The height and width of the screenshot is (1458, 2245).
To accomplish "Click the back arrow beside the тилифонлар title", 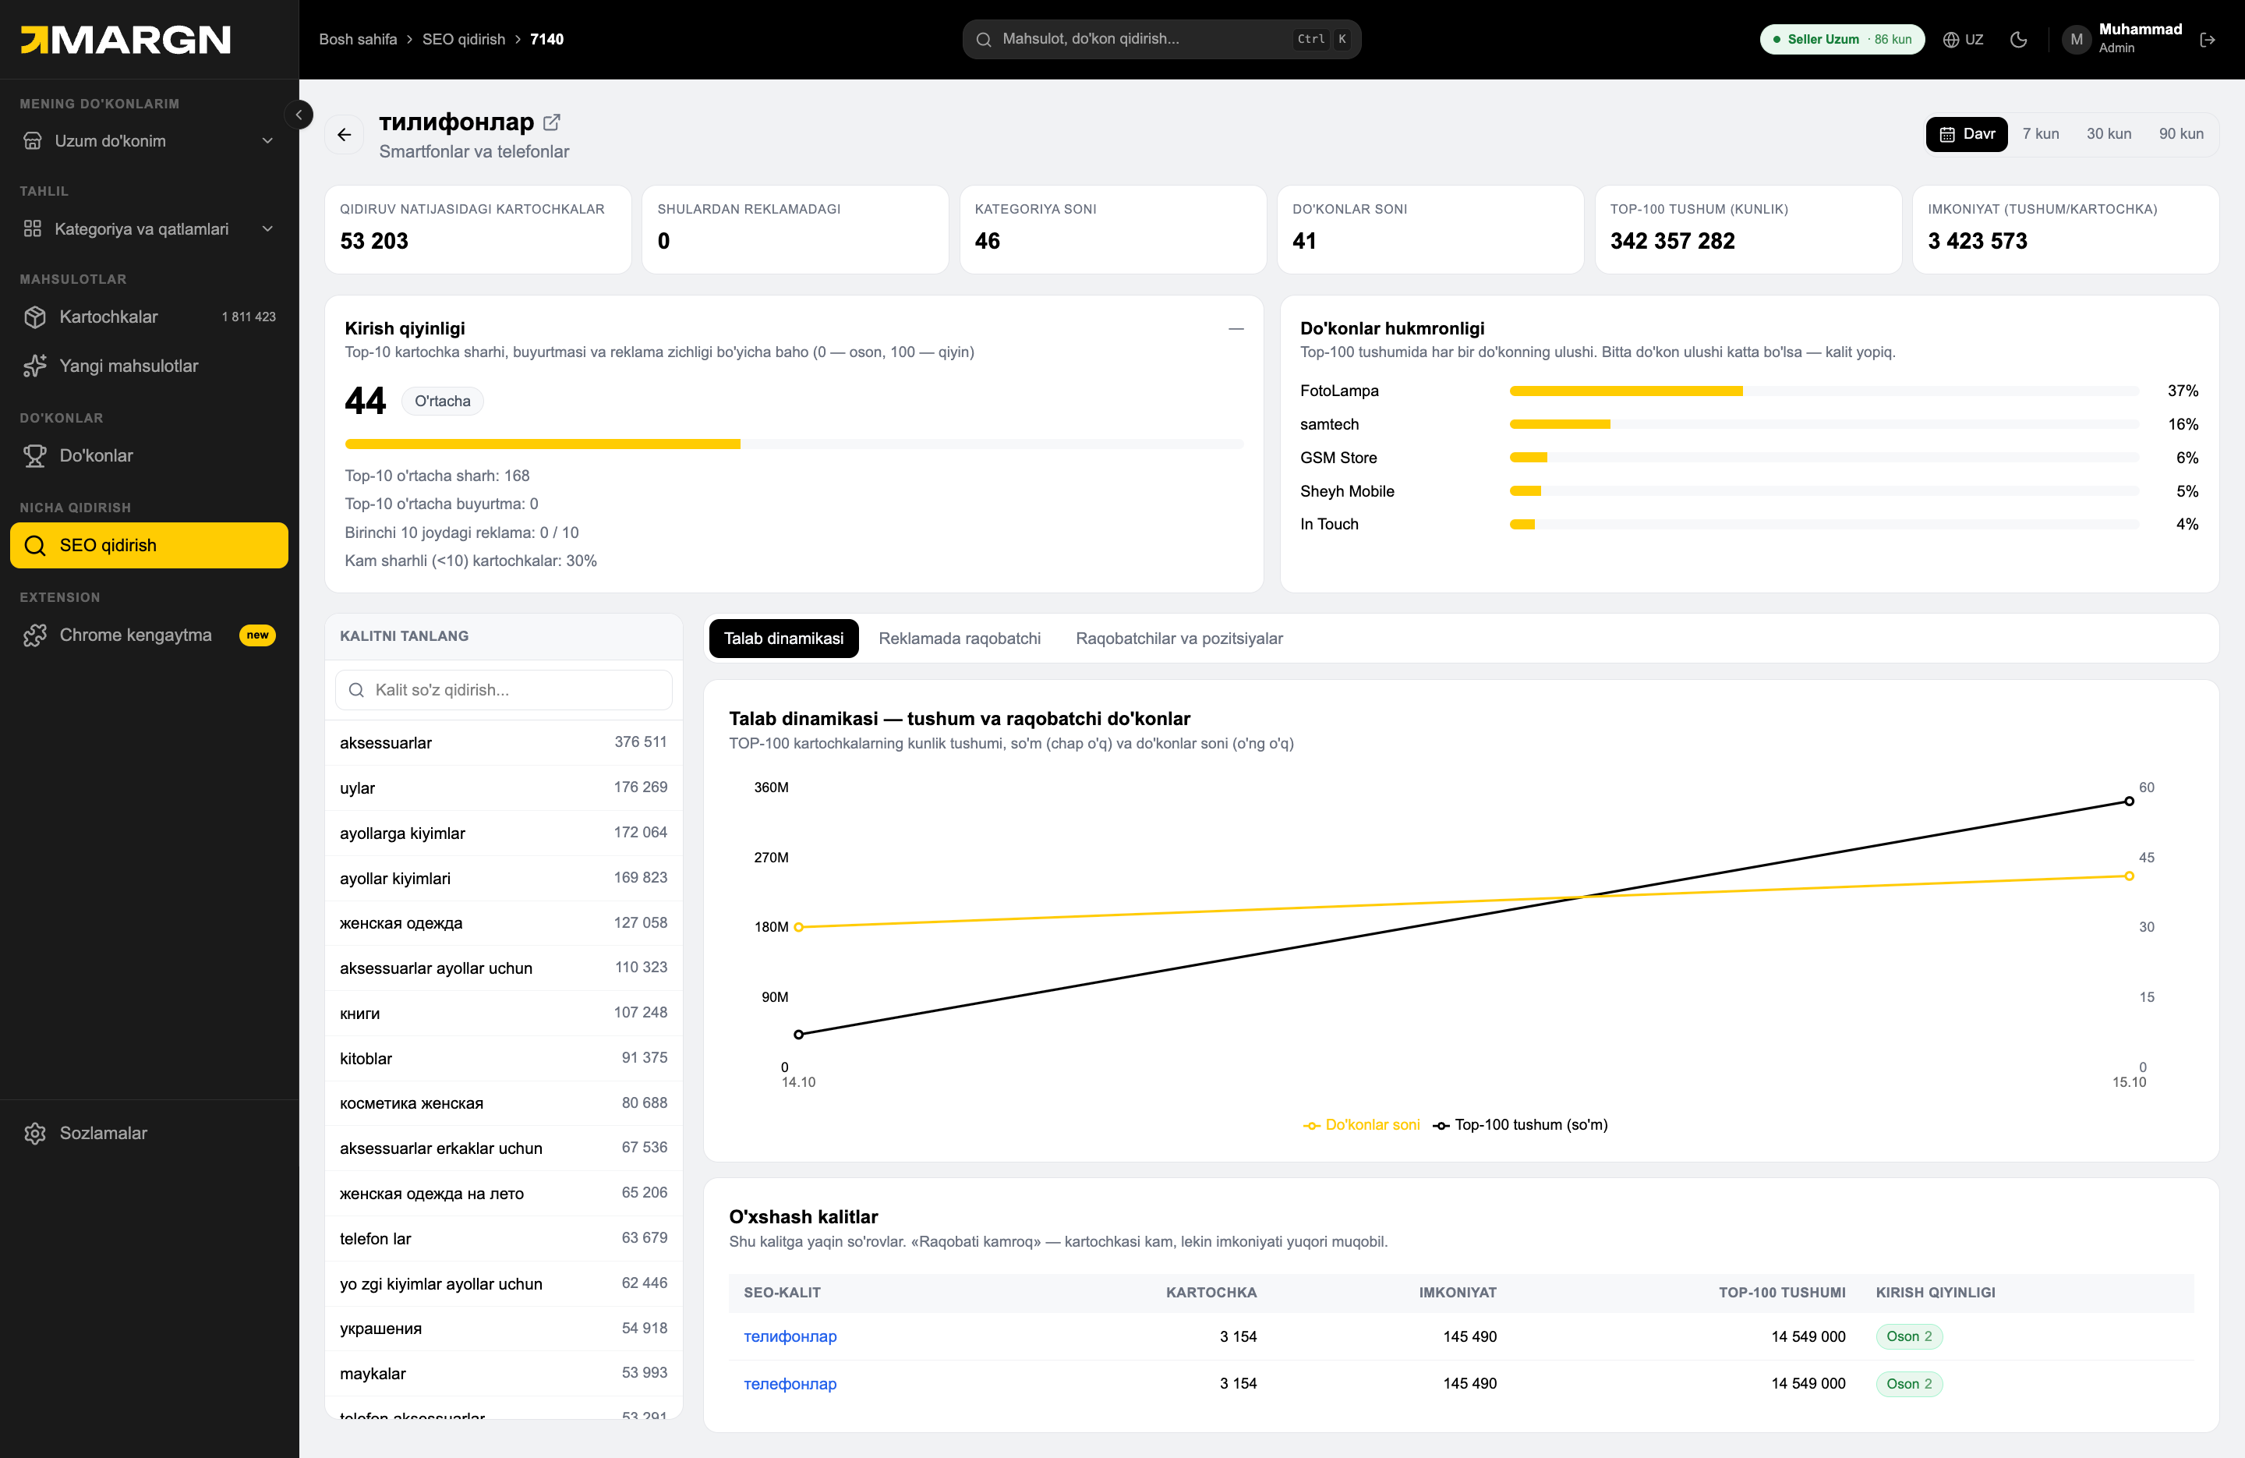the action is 345,135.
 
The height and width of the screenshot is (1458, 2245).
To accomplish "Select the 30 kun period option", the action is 2109,134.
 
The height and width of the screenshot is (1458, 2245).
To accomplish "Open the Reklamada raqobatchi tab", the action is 960,639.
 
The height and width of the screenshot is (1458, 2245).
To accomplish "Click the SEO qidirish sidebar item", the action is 149,546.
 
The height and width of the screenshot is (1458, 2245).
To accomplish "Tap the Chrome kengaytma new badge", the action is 257,635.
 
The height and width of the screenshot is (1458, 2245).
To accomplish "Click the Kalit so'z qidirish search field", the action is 504,690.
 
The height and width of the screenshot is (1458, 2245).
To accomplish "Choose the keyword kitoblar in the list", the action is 366,1059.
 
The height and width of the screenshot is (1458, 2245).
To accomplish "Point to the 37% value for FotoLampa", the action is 2183,391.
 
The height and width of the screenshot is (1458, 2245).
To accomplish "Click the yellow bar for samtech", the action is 1559,425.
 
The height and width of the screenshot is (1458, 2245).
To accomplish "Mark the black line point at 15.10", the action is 2129,802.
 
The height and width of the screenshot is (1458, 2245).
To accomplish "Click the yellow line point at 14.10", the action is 799,927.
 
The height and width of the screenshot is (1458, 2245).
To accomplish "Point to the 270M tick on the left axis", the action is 771,858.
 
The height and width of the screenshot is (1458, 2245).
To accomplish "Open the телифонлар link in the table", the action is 790,1336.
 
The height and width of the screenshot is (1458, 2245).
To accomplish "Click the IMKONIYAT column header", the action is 1458,1293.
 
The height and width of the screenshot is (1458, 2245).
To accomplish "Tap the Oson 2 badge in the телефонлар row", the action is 1909,1383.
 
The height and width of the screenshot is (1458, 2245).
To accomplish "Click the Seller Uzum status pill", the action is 1842,40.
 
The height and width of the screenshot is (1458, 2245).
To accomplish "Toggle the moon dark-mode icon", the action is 2019,40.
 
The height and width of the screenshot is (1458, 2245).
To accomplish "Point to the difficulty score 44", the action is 365,401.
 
